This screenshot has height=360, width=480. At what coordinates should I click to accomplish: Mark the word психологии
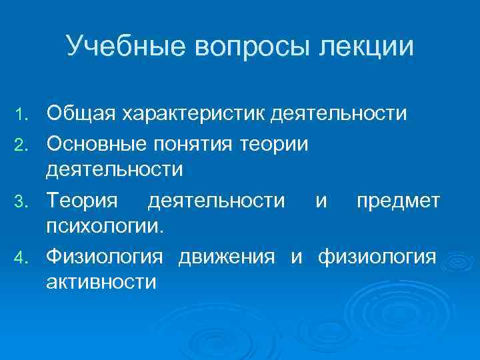click(103, 227)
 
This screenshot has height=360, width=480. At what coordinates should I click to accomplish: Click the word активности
click(101, 282)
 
